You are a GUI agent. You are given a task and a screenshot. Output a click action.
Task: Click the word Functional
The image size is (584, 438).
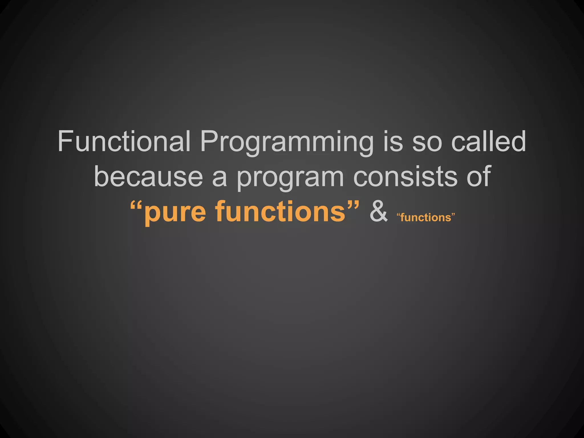pyautogui.click(x=124, y=141)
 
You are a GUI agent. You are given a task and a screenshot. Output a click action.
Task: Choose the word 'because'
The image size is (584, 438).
pyautogui.click(x=148, y=177)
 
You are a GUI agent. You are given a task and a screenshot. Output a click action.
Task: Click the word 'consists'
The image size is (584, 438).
pyautogui.click(x=405, y=177)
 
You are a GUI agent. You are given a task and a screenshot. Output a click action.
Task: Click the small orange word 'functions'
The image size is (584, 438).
pyautogui.click(x=425, y=218)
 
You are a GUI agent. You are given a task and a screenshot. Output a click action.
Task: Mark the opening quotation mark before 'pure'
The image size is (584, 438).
pyautogui.click(x=136, y=205)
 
